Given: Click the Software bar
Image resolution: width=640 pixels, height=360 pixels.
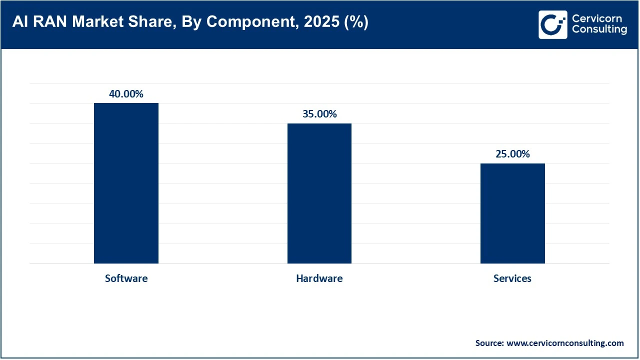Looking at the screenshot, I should (126, 183).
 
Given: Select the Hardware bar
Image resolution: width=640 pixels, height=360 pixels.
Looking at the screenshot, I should (319, 193).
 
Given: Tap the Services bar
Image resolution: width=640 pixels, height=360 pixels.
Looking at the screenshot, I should (512, 213).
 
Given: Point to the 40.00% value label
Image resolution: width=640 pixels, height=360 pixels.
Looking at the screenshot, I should (126, 94).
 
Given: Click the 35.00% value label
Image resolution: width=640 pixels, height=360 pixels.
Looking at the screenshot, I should (319, 114).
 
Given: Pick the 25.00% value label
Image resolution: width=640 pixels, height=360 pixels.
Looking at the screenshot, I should (512, 154).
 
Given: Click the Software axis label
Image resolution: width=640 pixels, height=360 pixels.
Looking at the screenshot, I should (126, 278).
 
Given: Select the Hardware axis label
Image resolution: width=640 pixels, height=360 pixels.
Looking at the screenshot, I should (319, 278).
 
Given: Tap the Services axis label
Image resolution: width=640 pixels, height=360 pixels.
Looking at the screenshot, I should (512, 278).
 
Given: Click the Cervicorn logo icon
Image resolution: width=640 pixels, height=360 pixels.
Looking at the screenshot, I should (552, 24).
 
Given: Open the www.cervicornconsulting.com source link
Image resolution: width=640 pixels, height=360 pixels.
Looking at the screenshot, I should (565, 343).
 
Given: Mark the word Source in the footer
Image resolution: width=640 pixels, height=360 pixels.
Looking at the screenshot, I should (489, 343).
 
